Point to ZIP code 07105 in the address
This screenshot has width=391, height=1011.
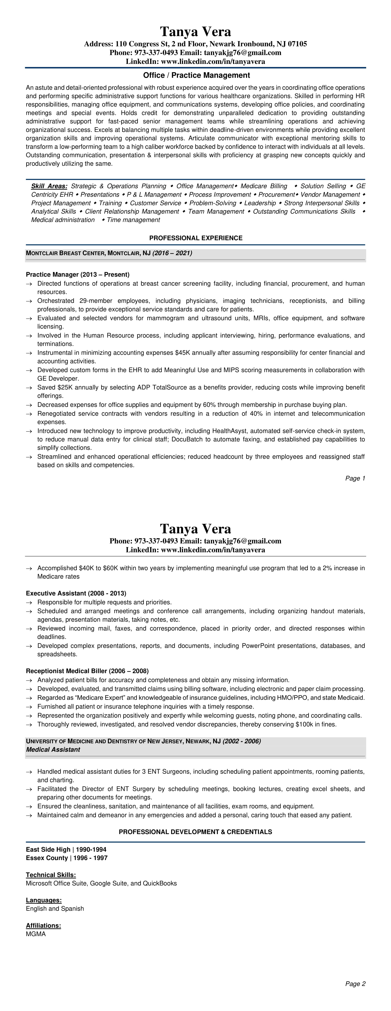[297, 44]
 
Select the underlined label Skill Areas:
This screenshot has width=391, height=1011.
[49, 186]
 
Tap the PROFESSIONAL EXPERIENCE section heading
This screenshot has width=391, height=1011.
[196, 238]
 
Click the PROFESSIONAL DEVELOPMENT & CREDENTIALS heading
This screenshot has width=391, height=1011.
[195, 832]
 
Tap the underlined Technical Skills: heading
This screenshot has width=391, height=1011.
[51, 875]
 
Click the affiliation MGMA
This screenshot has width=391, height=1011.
[36, 934]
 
